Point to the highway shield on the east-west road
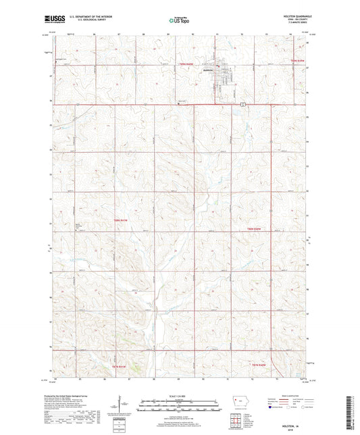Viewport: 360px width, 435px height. pos(241,104)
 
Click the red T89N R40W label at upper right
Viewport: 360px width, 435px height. pos(298,61)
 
